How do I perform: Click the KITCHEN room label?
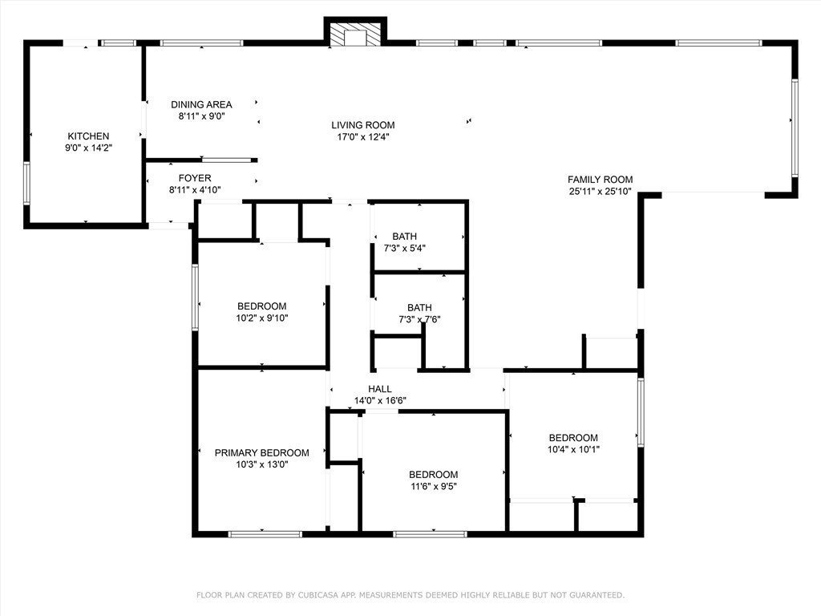(88, 136)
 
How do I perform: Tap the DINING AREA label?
(201, 105)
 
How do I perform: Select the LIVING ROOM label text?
(363, 125)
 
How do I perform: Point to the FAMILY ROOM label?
(600, 180)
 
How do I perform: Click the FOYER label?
(195, 178)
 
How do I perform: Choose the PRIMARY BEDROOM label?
(262, 452)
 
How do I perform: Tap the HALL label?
(380, 389)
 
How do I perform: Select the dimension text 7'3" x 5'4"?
(404, 248)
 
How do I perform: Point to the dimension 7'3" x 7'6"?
(419, 319)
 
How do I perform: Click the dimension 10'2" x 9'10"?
(262, 318)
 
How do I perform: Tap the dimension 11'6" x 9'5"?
(434, 486)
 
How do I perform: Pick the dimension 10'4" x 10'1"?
(573, 449)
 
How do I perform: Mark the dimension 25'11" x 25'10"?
(600, 191)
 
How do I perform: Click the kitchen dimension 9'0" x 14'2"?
(88, 148)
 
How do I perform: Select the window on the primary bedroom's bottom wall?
(265, 534)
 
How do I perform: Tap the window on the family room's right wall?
(795, 127)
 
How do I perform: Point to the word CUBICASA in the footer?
(317, 595)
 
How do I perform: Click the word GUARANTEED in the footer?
(598, 595)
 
